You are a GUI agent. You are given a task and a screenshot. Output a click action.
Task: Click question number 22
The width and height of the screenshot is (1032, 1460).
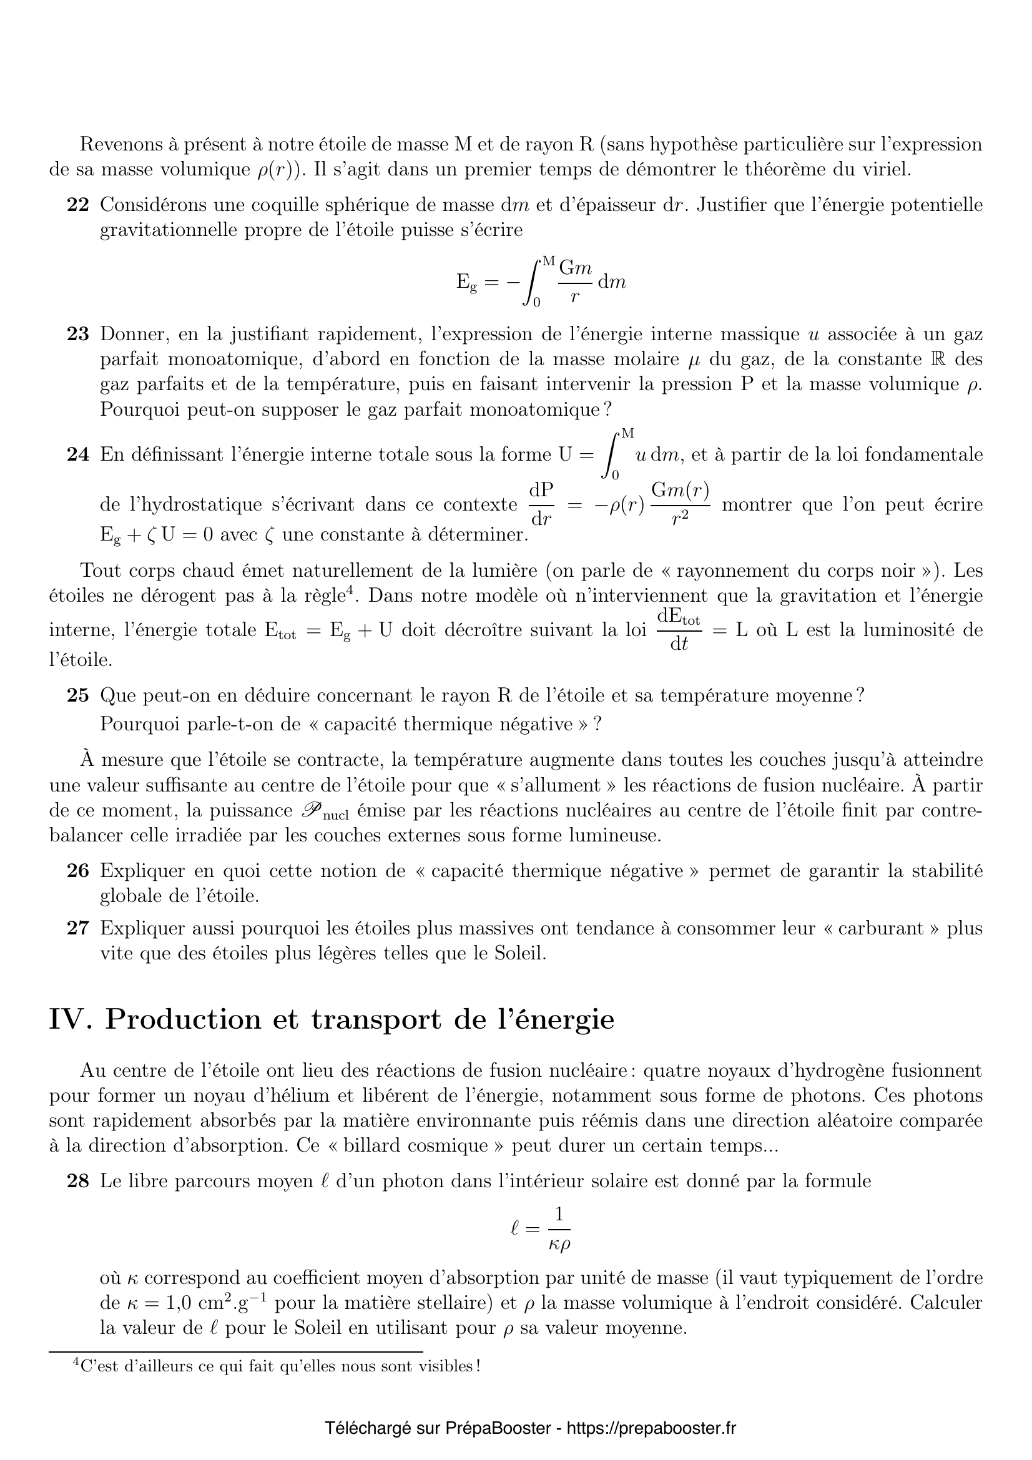[77, 205]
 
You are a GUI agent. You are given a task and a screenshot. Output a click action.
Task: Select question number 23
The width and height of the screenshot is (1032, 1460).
[77, 334]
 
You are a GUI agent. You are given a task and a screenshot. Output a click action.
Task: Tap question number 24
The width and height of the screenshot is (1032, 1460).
[77, 454]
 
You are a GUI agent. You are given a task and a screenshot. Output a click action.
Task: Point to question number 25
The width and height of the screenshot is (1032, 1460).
[77, 695]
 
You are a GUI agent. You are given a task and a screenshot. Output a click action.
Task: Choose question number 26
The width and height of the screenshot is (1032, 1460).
[77, 871]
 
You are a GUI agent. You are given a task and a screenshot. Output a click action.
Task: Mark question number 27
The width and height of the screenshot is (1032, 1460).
[77, 928]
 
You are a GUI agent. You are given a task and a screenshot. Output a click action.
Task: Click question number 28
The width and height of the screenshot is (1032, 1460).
[77, 1181]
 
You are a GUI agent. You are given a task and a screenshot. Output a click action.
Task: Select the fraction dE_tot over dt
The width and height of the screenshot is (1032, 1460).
[678, 631]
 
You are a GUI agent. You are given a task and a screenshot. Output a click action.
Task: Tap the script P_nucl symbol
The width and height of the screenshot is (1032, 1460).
[323, 811]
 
